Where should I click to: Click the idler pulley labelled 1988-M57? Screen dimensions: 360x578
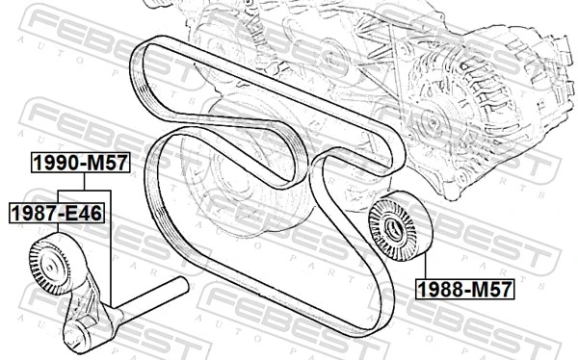(397, 228)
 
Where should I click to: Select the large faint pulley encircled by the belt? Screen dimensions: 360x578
(236, 178)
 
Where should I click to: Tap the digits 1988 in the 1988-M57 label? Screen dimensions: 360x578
(441, 287)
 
